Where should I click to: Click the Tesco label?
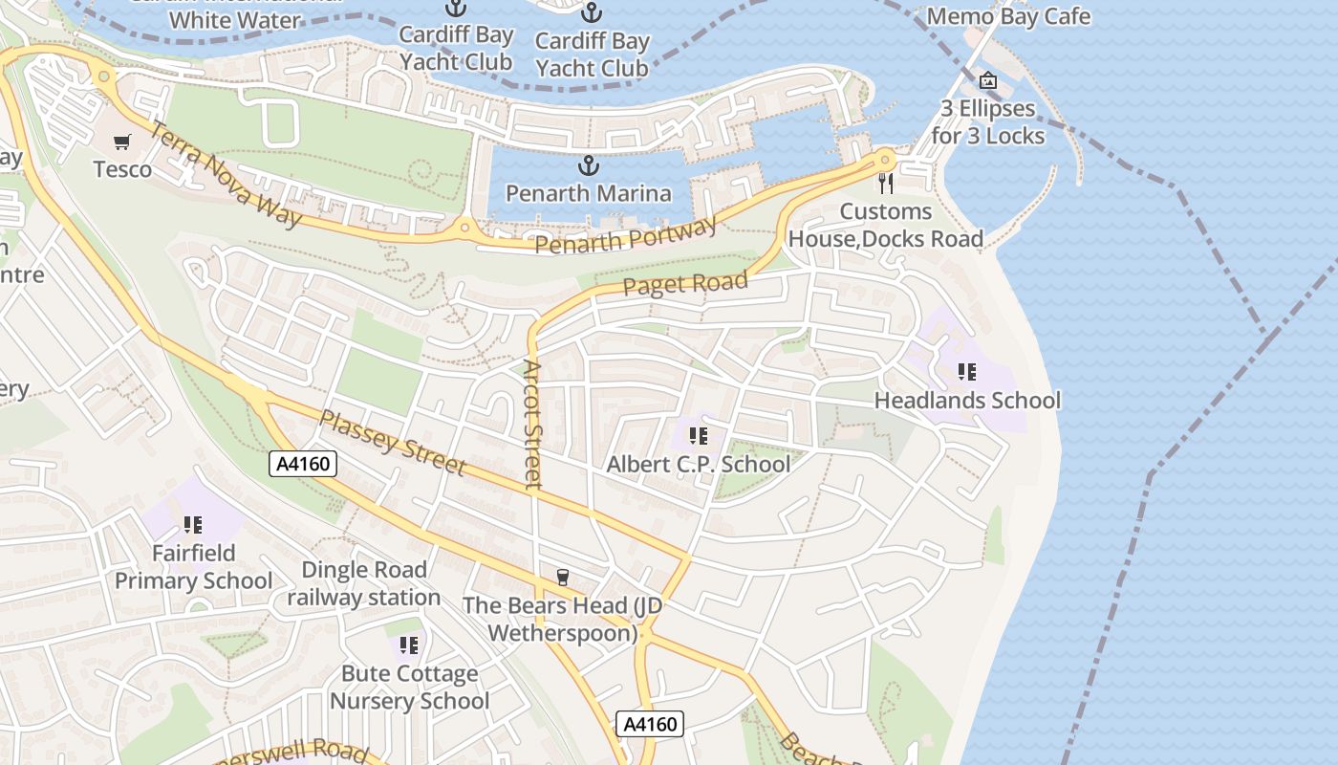pyautogui.click(x=122, y=169)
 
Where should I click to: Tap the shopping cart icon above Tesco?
pyautogui.click(x=122, y=142)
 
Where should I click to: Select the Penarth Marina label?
pyautogui.click(x=589, y=193)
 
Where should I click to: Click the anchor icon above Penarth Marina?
pyautogui.click(x=590, y=166)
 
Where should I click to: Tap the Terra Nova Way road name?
pyautogui.click(x=227, y=175)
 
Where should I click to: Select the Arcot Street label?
pyautogui.click(x=533, y=424)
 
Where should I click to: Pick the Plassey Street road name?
pyautogui.click(x=392, y=443)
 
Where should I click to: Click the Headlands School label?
pyautogui.click(x=967, y=400)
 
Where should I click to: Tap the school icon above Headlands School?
pyautogui.click(x=966, y=371)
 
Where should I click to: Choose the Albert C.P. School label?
pyautogui.click(x=699, y=465)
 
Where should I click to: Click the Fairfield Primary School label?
pyautogui.click(x=193, y=567)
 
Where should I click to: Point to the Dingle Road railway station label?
pyautogui.click(x=363, y=584)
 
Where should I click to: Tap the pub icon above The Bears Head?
pyautogui.click(x=563, y=577)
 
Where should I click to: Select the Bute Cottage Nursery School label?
pyautogui.click(x=409, y=688)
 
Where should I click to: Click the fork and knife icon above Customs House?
pyautogui.click(x=886, y=183)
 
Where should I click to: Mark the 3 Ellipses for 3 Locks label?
pyautogui.click(x=988, y=122)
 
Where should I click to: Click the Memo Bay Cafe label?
pyautogui.click(x=1008, y=16)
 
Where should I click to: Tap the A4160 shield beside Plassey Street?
pyautogui.click(x=303, y=465)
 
